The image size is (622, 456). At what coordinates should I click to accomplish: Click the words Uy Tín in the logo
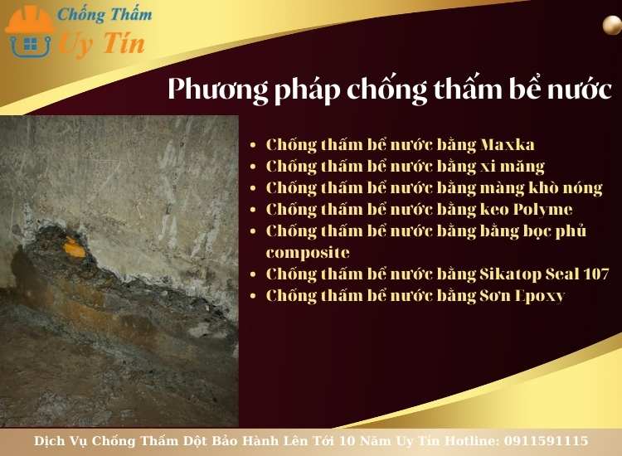pyautogui.click(x=100, y=43)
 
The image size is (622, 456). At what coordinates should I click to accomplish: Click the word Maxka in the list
pyautogui.click(x=508, y=144)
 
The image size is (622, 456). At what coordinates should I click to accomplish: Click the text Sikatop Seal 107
pyautogui.click(x=545, y=274)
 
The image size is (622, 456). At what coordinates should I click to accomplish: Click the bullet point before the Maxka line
pyautogui.click(x=253, y=145)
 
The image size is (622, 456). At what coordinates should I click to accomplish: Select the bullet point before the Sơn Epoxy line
pyautogui.click(x=253, y=296)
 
